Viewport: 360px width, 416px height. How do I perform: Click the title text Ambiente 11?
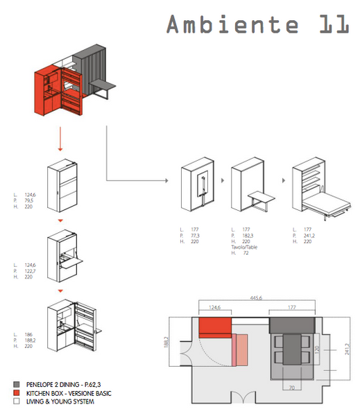(257, 24)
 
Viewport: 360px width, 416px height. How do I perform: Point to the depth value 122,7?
(32, 270)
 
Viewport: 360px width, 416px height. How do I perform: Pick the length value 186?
(29, 336)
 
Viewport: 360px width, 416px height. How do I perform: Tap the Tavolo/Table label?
(245, 246)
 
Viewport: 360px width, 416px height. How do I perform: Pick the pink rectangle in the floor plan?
(241, 349)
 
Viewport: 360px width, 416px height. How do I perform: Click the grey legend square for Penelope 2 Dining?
(16, 383)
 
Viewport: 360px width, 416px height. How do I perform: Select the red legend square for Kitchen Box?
(16, 392)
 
